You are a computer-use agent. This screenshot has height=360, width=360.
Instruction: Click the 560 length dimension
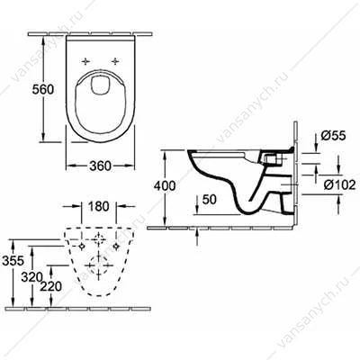(x=43, y=89)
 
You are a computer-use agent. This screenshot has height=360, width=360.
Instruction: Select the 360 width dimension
(x=100, y=166)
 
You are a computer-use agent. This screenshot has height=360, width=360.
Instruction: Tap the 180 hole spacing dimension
(x=99, y=206)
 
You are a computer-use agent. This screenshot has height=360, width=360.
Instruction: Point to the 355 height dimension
(x=13, y=261)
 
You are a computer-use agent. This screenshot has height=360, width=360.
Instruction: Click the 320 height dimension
(x=32, y=277)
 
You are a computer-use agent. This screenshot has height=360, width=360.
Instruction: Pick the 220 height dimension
(x=50, y=287)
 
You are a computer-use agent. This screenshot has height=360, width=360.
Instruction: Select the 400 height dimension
(x=165, y=186)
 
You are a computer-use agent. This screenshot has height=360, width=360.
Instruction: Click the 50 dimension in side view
(x=209, y=200)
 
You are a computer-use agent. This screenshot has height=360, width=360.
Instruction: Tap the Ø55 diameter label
(x=333, y=136)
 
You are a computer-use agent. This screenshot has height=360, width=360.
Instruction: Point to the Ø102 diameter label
(x=339, y=185)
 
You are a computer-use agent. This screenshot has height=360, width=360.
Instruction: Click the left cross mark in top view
(x=85, y=61)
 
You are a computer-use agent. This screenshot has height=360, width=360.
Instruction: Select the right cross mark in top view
(x=115, y=61)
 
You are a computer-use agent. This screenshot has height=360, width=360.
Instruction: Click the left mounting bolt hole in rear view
(x=81, y=246)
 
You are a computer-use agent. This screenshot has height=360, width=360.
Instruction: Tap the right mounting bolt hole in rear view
(x=116, y=246)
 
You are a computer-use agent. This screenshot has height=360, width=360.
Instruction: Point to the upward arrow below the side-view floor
(x=196, y=237)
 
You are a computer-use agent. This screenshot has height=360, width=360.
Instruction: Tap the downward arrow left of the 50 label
(x=196, y=204)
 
